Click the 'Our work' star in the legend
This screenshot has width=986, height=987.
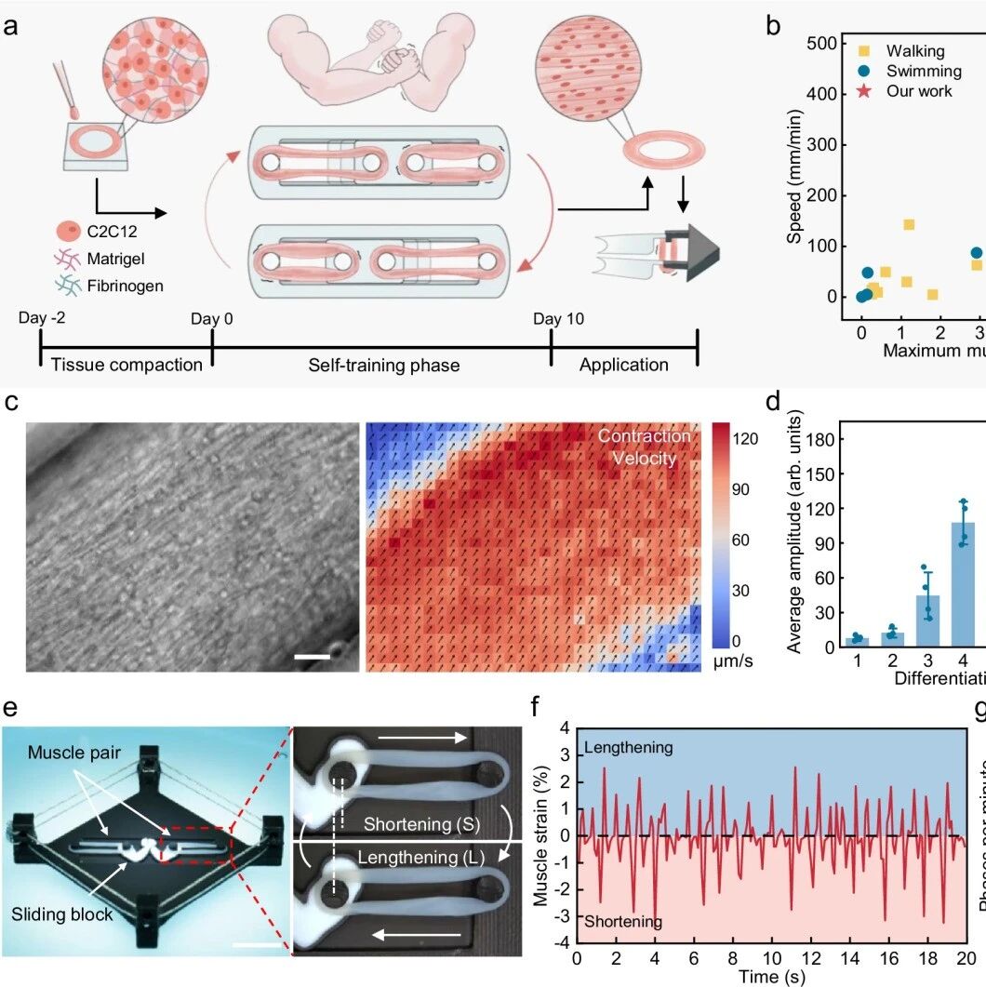[862, 91]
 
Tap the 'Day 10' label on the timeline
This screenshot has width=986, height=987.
[559, 320]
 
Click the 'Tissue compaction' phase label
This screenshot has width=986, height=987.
[126, 365]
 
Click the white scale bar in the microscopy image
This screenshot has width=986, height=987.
[313, 658]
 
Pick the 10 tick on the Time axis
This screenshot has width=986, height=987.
[772, 957]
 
